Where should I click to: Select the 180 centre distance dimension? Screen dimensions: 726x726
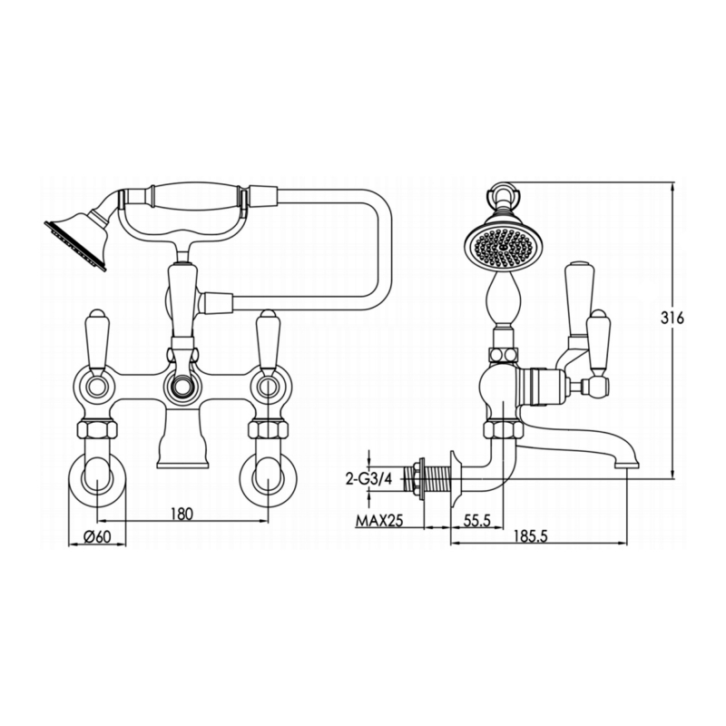click(x=182, y=514)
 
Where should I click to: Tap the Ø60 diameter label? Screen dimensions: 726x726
click(x=96, y=536)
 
